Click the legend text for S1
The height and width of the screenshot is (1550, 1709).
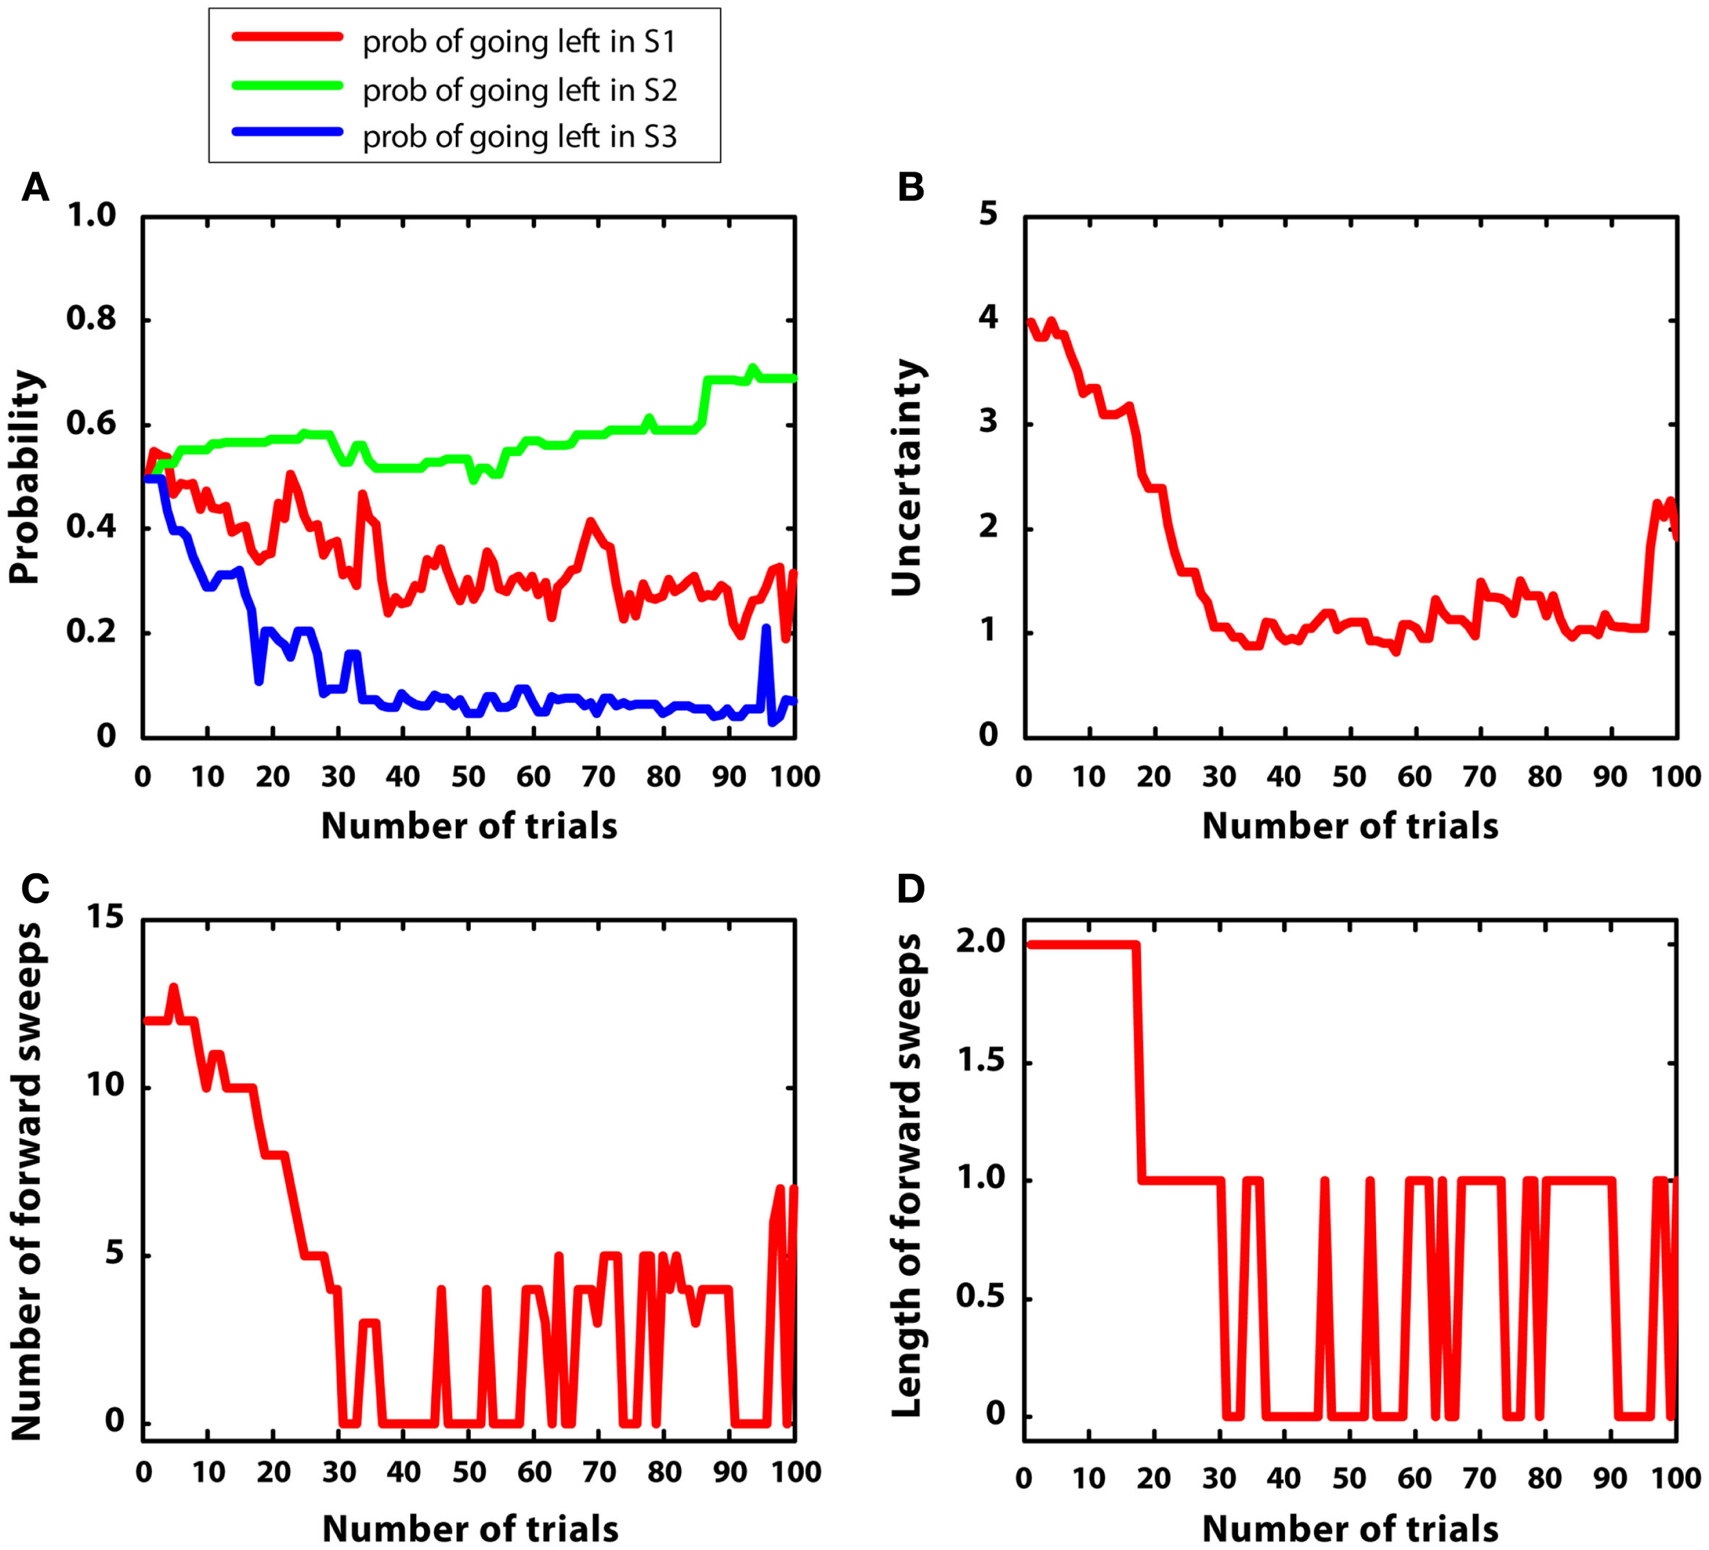(x=519, y=42)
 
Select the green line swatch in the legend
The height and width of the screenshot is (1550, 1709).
(x=286, y=85)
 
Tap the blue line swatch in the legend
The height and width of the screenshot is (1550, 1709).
(x=286, y=132)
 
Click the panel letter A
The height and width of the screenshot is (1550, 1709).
(x=35, y=187)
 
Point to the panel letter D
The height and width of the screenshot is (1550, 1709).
(x=911, y=890)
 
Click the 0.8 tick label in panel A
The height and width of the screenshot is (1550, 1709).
(x=91, y=320)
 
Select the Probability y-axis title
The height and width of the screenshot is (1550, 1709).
(x=25, y=477)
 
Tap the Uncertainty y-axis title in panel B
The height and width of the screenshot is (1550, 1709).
(x=906, y=477)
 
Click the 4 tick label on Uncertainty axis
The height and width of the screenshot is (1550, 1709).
(x=988, y=320)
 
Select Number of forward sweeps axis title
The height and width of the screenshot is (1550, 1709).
(x=25, y=1180)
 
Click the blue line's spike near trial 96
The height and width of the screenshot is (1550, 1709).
(x=766, y=629)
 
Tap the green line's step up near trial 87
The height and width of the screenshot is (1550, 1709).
(x=705, y=399)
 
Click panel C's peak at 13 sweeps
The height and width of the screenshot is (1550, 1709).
(x=174, y=987)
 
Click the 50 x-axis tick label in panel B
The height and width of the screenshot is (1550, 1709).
(x=1349, y=776)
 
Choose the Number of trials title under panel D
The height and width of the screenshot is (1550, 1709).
(x=1349, y=1529)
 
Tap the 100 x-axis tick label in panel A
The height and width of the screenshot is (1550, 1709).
(x=795, y=776)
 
